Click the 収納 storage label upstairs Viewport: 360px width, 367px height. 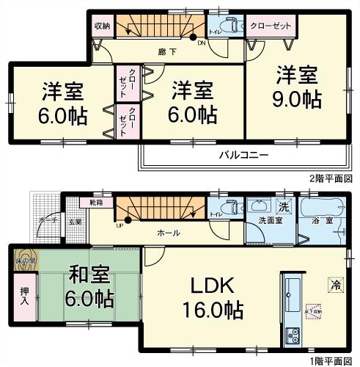[101, 26]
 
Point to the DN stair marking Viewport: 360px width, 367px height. [202, 43]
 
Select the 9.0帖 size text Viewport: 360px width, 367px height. [295, 99]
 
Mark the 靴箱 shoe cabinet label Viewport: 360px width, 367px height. [97, 201]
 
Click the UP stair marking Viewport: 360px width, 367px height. [118, 225]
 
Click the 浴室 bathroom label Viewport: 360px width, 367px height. [320, 219]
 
